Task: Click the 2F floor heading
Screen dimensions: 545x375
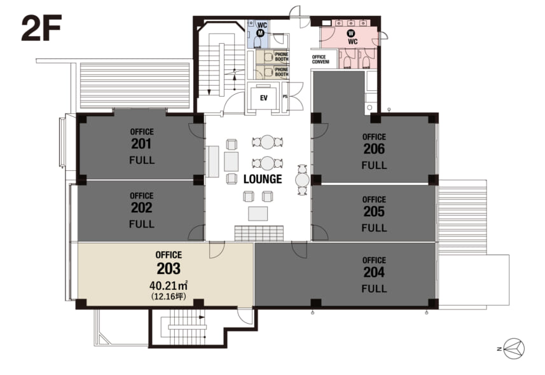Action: [x=41, y=28]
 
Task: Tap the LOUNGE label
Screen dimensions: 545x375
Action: [x=263, y=179]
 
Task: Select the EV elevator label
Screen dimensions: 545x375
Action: [x=264, y=98]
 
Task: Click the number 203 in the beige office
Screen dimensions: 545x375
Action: [x=169, y=269]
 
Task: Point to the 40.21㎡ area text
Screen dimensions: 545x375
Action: [x=169, y=285]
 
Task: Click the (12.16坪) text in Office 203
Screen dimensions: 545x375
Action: [x=169, y=296]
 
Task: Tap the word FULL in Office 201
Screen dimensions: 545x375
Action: [x=142, y=160]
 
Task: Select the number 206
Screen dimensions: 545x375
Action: [x=374, y=149]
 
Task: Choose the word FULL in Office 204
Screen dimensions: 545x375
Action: [x=374, y=289]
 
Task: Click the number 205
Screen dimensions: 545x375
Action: [x=374, y=212]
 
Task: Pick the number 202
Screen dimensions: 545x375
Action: [x=141, y=208]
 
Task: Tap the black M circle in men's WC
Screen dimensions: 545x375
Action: [x=260, y=33]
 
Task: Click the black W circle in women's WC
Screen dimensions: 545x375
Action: [x=351, y=33]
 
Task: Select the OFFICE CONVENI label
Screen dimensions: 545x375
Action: [x=321, y=60]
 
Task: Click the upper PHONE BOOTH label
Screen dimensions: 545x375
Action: [x=282, y=57]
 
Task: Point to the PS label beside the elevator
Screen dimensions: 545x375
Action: [x=285, y=97]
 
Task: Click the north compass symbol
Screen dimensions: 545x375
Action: [x=514, y=348]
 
